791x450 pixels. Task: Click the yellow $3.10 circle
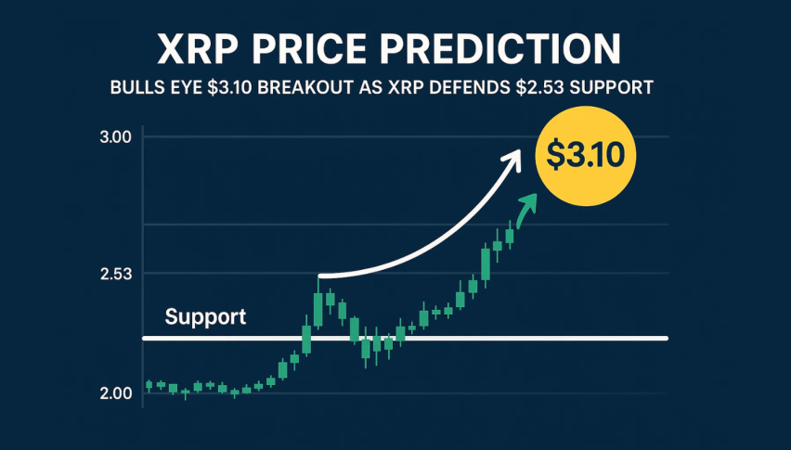point(586,156)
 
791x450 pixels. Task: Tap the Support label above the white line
point(205,317)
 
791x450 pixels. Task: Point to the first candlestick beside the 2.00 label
point(149,385)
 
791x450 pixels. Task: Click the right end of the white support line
point(665,338)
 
